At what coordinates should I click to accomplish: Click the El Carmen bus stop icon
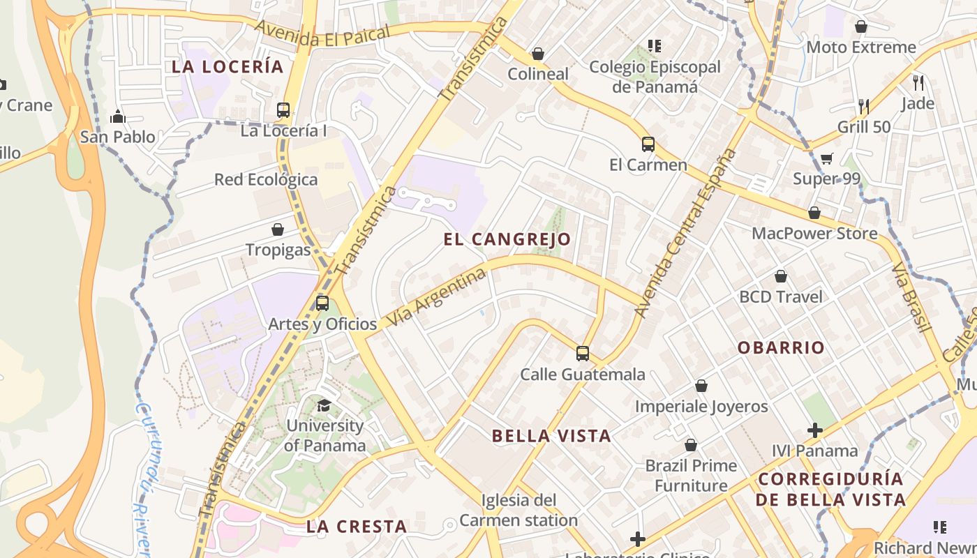[x=648, y=144]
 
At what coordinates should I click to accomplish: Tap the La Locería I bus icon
[x=283, y=110]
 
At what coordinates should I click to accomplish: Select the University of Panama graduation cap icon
[x=324, y=405]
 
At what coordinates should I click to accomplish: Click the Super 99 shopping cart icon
[x=826, y=158]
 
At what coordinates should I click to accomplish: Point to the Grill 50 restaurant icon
[x=864, y=106]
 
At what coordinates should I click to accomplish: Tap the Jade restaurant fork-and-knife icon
[x=918, y=82]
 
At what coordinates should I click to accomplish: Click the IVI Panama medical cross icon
[x=814, y=430]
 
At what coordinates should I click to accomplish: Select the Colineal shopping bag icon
[x=538, y=54]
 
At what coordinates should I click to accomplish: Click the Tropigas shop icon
[x=278, y=229]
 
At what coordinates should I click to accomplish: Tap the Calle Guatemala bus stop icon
[x=583, y=354]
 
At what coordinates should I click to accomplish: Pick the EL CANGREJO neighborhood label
[x=507, y=239]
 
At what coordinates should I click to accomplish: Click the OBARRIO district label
[x=781, y=347]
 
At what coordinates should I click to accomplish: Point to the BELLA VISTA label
[x=551, y=437]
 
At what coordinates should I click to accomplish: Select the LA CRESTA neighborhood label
[x=357, y=527]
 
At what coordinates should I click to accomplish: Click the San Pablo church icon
[x=117, y=116]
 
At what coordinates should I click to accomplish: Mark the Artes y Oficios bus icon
[x=322, y=303]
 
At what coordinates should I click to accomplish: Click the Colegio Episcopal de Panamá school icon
[x=654, y=47]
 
